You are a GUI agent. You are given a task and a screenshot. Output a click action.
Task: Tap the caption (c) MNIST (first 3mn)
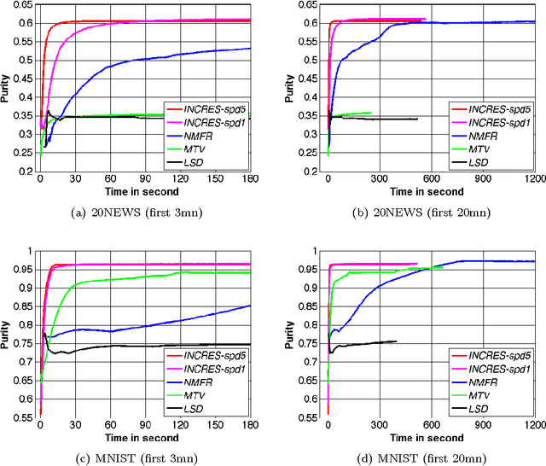tap(142, 458)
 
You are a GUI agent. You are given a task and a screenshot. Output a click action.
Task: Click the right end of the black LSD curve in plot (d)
tap(396, 341)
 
